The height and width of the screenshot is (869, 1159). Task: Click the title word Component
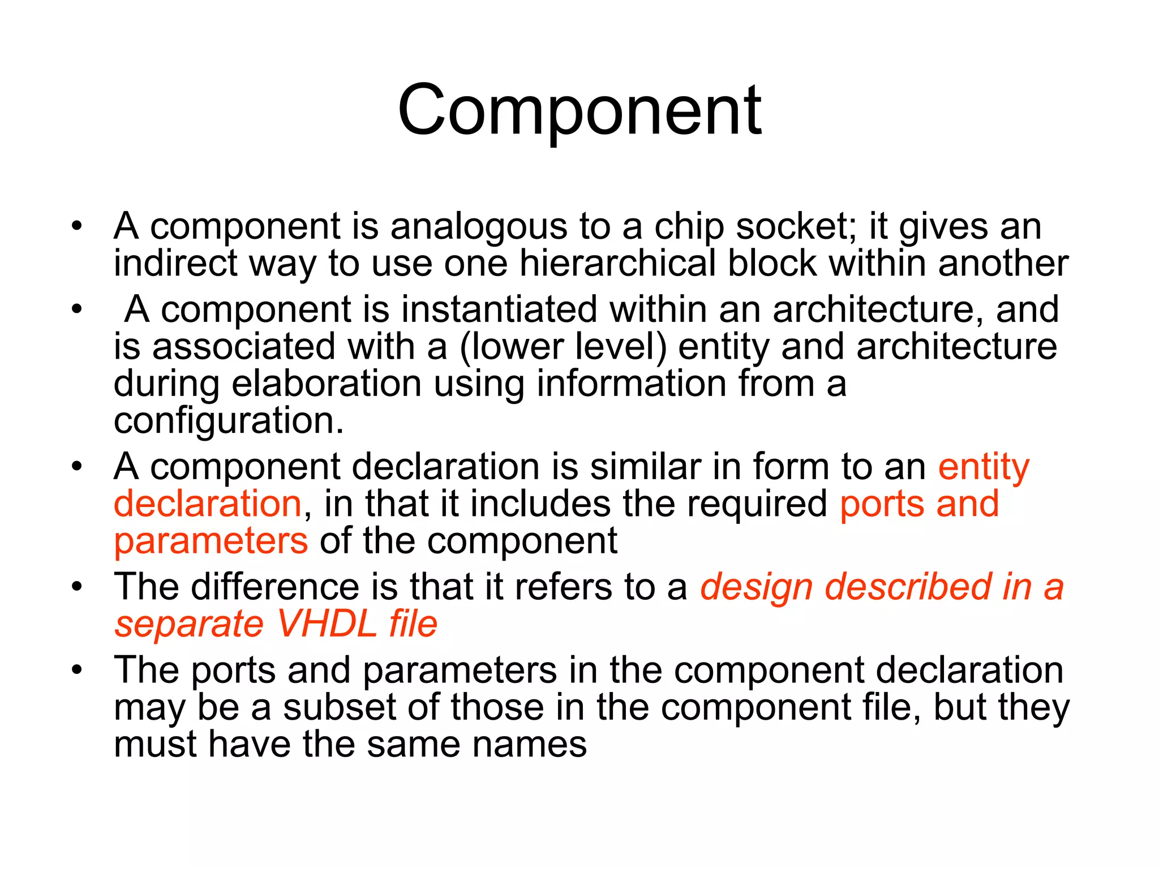579,110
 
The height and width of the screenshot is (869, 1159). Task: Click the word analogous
478,227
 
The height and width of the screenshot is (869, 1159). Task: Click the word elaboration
327,384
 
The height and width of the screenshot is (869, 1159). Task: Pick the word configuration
228,421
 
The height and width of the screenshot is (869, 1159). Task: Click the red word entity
984,468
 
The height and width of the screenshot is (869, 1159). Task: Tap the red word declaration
208,504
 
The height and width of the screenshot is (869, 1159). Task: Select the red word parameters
211,541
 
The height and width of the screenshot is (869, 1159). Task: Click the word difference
274,587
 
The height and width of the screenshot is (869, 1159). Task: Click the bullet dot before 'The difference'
77,587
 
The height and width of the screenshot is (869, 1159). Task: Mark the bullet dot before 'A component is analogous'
77,227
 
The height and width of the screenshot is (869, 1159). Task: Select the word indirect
175,264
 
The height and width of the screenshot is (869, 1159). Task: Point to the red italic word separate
189,624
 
